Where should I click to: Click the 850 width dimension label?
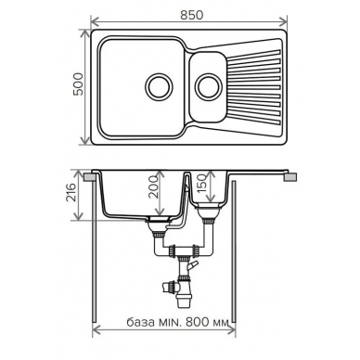pos(192,15)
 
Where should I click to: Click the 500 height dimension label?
pos(78,84)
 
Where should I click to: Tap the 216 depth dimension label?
pos(71,193)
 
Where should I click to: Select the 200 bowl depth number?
pos(153,186)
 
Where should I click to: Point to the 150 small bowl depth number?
pos(201,183)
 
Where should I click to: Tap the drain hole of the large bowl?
pos(159,86)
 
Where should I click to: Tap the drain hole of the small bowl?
pos(209,86)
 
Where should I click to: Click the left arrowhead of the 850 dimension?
pos(94,22)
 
